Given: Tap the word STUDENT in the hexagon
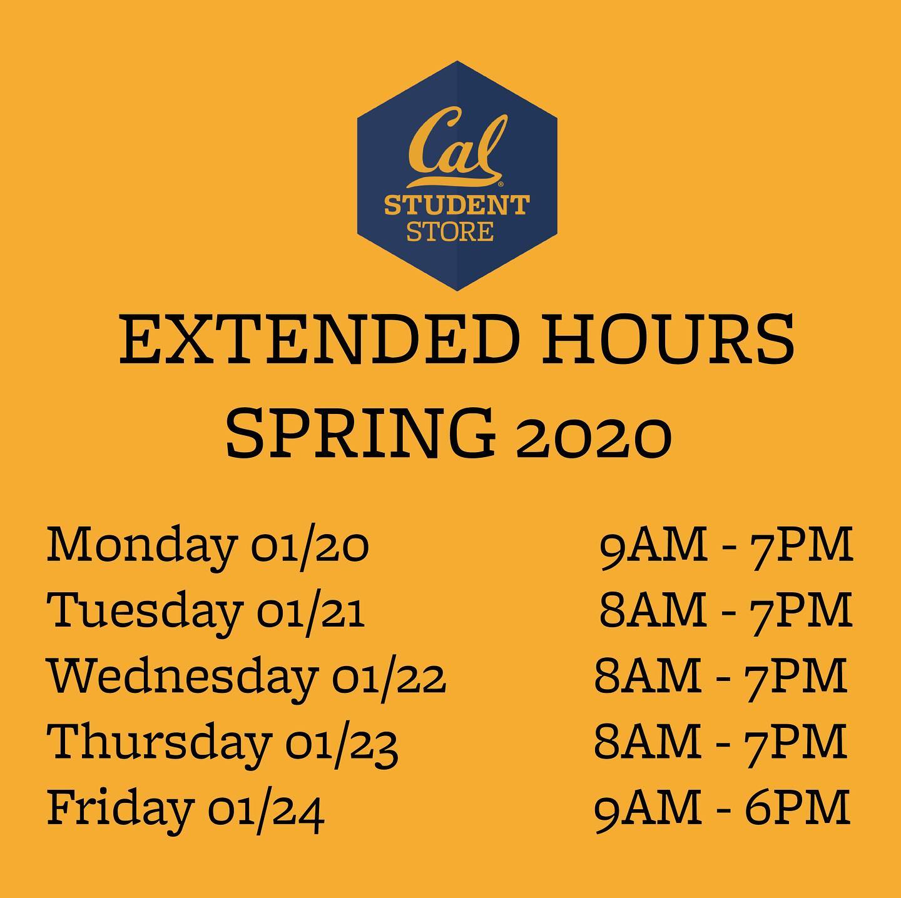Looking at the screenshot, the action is (457, 206).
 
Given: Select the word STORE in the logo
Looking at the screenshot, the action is (450, 231).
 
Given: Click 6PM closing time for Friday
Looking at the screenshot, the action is (797, 807).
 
